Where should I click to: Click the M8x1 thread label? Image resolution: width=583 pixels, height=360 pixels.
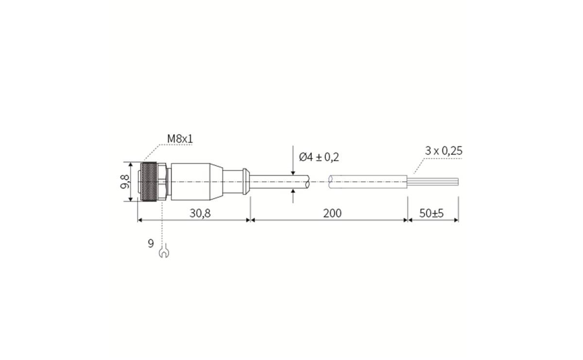(180, 139)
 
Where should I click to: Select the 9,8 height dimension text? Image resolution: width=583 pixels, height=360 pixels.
(125, 182)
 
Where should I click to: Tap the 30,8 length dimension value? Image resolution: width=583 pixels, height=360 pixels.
(200, 213)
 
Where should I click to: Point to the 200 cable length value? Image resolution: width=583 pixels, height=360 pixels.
(332, 213)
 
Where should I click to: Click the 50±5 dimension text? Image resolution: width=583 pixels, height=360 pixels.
(432, 213)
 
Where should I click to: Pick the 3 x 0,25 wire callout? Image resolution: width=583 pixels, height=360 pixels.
(444, 151)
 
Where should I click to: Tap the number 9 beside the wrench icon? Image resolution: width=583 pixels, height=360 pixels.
(151, 243)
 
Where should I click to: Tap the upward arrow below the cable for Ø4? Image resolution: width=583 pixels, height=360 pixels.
(293, 193)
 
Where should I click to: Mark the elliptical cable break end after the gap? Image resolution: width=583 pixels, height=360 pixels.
(331, 182)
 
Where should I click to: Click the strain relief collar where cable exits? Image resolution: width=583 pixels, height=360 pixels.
(245, 182)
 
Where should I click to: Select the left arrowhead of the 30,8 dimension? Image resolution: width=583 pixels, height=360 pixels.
(141, 220)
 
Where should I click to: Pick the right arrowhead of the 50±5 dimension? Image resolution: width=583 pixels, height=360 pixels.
(456, 220)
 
